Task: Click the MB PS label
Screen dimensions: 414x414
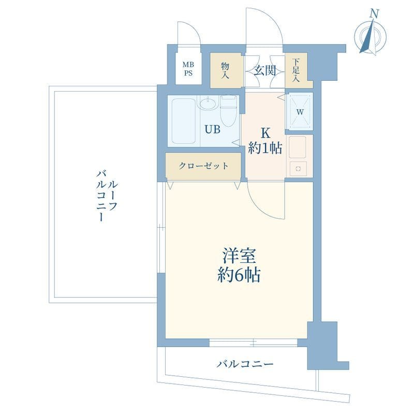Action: pyautogui.click(x=188, y=69)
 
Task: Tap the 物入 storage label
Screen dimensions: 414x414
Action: pyautogui.click(x=225, y=71)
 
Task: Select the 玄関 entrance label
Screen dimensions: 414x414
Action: pyautogui.click(x=265, y=70)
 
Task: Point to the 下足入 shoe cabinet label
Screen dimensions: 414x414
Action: pyautogui.click(x=295, y=70)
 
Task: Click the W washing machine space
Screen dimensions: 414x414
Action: pyautogui.click(x=300, y=112)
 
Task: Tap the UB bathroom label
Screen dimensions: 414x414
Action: pyautogui.click(x=213, y=129)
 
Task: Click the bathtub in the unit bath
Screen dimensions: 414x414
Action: pyautogui.click(x=184, y=121)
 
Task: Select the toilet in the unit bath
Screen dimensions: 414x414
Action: pyautogui.click(x=228, y=111)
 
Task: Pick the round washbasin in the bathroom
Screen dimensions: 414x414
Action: pyautogui.click(x=208, y=103)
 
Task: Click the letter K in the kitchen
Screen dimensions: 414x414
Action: pyautogui.click(x=265, y=134)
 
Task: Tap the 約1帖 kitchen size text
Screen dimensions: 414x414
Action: pyautogui.click(x=265, y=148)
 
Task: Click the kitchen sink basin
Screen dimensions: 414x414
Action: pyautogui.click(x=298, y=147)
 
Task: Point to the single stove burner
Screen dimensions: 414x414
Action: pyautogui.click(x=299, y=169)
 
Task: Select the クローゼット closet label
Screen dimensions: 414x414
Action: pyautogui.click(x=203, y=166)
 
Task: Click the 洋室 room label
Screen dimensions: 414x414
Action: pyautogui.click(x=239, y=256)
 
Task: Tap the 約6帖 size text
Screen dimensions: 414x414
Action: pyautogui.click(x=239, y=275)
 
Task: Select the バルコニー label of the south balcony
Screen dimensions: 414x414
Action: pyautogui.click(x=245, y=364)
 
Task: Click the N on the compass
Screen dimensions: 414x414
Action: pyautogui.click(x=374, y=13)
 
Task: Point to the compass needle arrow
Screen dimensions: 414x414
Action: pyautogui.click(x=368, y=37)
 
